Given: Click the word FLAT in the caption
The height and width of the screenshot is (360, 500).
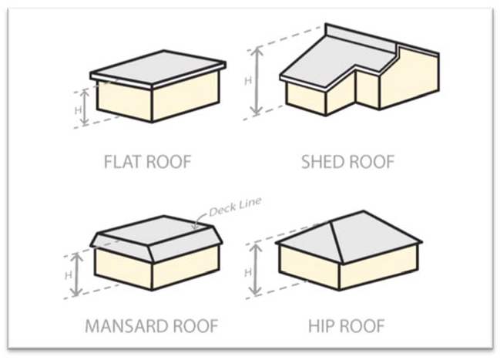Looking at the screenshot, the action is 121,163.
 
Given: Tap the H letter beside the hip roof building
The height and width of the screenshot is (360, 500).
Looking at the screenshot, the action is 248,271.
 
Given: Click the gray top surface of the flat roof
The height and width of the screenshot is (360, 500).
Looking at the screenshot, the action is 159,65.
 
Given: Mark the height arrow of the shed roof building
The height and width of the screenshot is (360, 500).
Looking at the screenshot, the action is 257,80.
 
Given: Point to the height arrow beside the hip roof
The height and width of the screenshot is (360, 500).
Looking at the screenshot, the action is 258,271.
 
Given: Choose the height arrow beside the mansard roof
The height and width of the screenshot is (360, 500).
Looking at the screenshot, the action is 75,274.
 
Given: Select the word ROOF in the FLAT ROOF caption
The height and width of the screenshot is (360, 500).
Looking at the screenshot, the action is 166,163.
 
